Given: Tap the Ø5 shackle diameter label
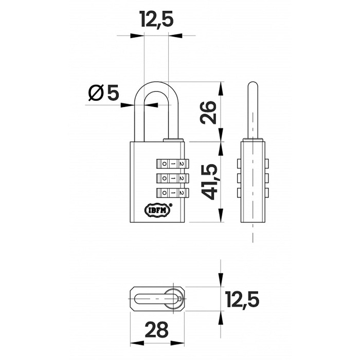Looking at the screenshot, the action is tap(103, 93).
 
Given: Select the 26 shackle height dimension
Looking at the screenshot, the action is tap(208, 113).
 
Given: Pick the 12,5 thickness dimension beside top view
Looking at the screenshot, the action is tap(243, 299).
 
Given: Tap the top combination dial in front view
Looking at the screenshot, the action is tap(172, 164).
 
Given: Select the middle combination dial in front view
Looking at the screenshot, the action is tap(172, 178).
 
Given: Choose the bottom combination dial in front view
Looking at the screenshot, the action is tap(172, 193).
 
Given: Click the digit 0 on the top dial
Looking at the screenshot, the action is tap(165, 164).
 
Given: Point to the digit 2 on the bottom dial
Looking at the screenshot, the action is tap(182, 193).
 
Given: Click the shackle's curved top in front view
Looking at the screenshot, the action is tap(156, 85).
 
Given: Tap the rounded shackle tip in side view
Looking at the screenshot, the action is tap(253, 84).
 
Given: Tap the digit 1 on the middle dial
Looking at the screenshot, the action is tap(173, 178).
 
